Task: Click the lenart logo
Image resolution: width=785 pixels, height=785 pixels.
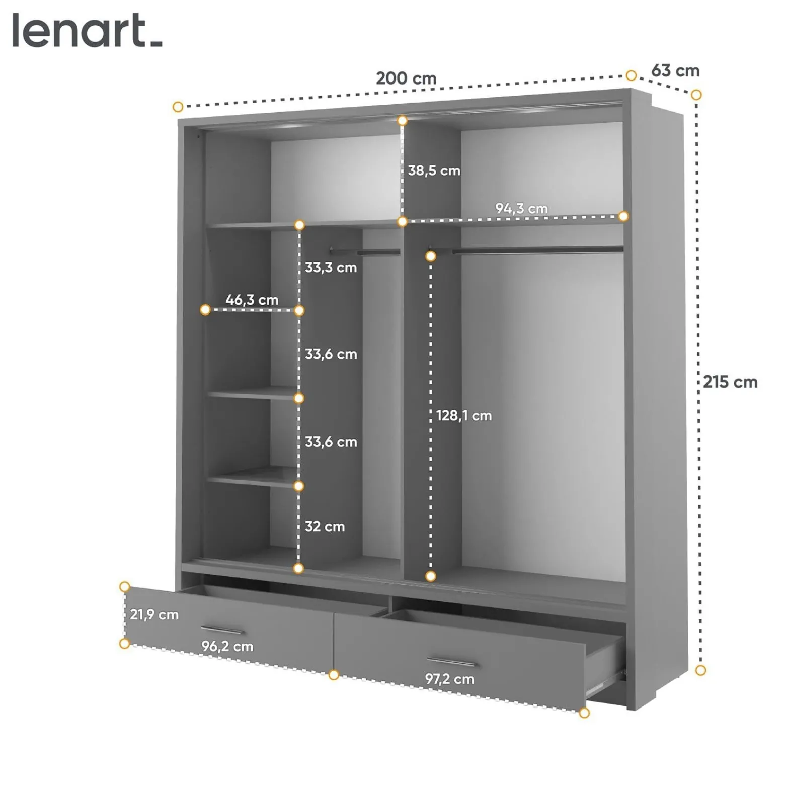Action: pyautogui.click(x=87, y=31)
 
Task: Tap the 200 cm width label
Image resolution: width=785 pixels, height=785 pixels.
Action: pyautogui.click(x=406, y=78)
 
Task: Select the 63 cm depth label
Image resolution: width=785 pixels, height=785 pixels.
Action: pyautogui.click(x=675, y=71)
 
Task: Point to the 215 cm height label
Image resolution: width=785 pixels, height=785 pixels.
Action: pyautogui.click(x=730, y=382)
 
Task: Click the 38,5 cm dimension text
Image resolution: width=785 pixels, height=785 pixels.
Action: pyautogui.click(x=434, y=171)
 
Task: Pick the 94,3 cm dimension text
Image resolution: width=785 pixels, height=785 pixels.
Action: pyautogui.click(x=521, y=208)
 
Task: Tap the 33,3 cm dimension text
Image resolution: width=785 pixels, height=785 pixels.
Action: pyautogui.click(x=331, y=268)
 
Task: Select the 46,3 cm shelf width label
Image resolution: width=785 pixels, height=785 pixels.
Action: pyautogui.click(x=252, y=300)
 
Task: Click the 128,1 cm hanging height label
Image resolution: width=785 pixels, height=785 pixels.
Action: pyautogui.click(x=463, y=416)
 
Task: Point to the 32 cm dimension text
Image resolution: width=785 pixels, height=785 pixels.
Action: pyautogui.click(x=325, y=527)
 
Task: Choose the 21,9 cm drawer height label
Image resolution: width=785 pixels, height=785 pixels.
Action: pyautogui.click(x=154, y=615)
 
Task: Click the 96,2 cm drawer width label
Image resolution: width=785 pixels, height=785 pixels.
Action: pyautogui.click(x=227, y=647)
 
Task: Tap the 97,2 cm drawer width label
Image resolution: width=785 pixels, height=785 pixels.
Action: pyautogui.click(x=449, y=679)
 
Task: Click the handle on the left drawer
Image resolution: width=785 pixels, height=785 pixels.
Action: pyautogui.click(x=222, y=631)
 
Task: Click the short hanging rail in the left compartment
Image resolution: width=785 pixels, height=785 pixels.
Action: pyautogui.click(x=365, y=250)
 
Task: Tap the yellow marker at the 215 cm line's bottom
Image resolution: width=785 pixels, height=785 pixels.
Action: pyautogui.click(x=700, y=670)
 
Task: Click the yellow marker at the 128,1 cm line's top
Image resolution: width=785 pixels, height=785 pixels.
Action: pyautogui.click(x=430, y=256)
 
